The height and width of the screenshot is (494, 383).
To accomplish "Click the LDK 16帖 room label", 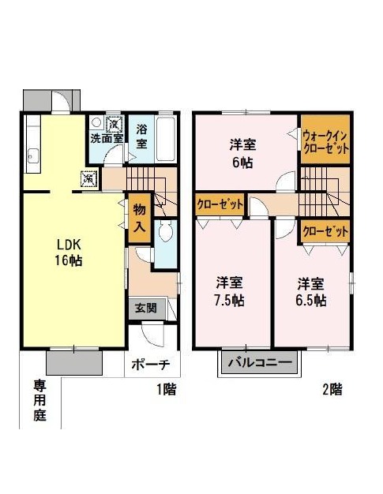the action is [x=69, y=252].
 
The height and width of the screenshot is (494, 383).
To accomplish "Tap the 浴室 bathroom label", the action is [x=141, y=137].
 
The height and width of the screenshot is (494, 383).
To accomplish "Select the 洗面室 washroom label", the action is [x=107, y=138].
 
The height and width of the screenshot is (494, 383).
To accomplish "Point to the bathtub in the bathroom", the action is [x=166, y=139].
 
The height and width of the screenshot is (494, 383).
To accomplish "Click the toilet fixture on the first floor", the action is [x=166, y=230].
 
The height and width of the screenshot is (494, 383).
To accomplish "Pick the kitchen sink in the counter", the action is [x=32, y=155].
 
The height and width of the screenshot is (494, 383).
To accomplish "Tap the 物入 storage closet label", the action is [x=139, y=218].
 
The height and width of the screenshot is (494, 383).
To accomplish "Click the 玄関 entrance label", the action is [x=146, y=308].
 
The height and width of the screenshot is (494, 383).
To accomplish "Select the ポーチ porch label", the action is [x=151, y=365].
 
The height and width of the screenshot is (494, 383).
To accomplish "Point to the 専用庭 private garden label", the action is [x=40, y=400].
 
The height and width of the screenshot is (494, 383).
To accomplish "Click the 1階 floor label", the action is [x=167, y=389].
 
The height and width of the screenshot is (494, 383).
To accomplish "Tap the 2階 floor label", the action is [x=332, y=389].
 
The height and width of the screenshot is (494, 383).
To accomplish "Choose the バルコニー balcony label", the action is [x=260, y=363].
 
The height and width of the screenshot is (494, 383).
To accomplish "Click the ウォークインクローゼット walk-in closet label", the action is [x=325, y=142].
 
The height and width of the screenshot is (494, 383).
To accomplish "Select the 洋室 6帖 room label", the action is [x=242, y=154].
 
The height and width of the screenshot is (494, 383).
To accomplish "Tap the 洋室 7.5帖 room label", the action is [x=229, y=291].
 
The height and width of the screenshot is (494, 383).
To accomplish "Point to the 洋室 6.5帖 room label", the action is [x=311, y=291].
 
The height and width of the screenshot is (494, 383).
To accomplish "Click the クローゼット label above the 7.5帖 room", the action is [x=220, y=205].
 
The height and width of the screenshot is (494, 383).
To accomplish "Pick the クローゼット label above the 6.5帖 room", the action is [x=325, y=232].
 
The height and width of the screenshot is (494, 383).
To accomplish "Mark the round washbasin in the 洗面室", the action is [x=96, y=122].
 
